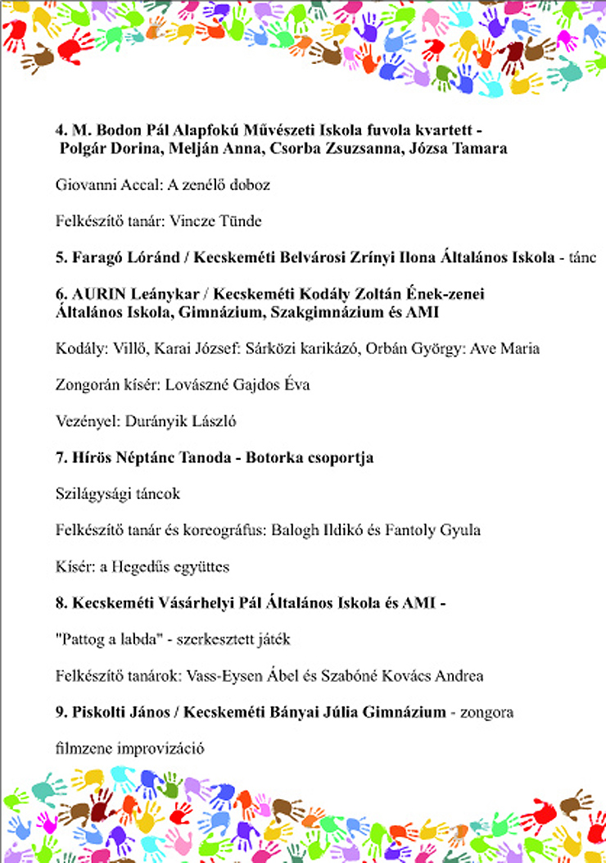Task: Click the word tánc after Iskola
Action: click(582, 258)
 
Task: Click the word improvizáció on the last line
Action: click(159, 748)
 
